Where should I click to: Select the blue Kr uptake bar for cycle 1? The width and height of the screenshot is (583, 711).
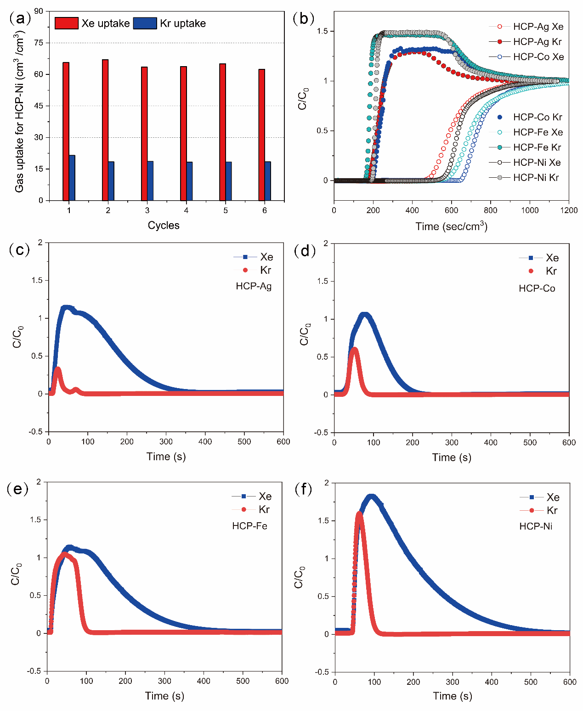72,178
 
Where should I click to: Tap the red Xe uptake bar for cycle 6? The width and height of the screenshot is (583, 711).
262,135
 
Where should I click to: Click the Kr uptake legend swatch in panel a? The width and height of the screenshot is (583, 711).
145,23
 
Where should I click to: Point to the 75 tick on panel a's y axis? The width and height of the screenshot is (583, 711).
39,43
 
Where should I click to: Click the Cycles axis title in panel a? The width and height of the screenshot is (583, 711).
164,226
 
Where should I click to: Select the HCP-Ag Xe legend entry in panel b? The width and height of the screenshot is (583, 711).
526,27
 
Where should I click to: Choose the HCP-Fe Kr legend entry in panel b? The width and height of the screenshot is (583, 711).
526,147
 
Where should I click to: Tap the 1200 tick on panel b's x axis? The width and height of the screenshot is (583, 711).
569,210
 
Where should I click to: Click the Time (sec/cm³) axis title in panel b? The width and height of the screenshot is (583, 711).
451,226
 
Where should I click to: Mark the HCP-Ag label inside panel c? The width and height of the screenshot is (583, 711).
254,286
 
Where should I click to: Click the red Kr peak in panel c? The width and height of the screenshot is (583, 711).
57,368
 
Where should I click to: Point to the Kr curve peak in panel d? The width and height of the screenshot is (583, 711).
354,349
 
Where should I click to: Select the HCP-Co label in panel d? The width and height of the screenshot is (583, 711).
537,288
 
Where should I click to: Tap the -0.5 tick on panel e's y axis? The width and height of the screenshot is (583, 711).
35,671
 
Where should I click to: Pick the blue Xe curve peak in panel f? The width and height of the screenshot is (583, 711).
372,496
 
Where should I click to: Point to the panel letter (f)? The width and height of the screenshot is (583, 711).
303,489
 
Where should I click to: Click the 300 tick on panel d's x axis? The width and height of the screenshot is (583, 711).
452,442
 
